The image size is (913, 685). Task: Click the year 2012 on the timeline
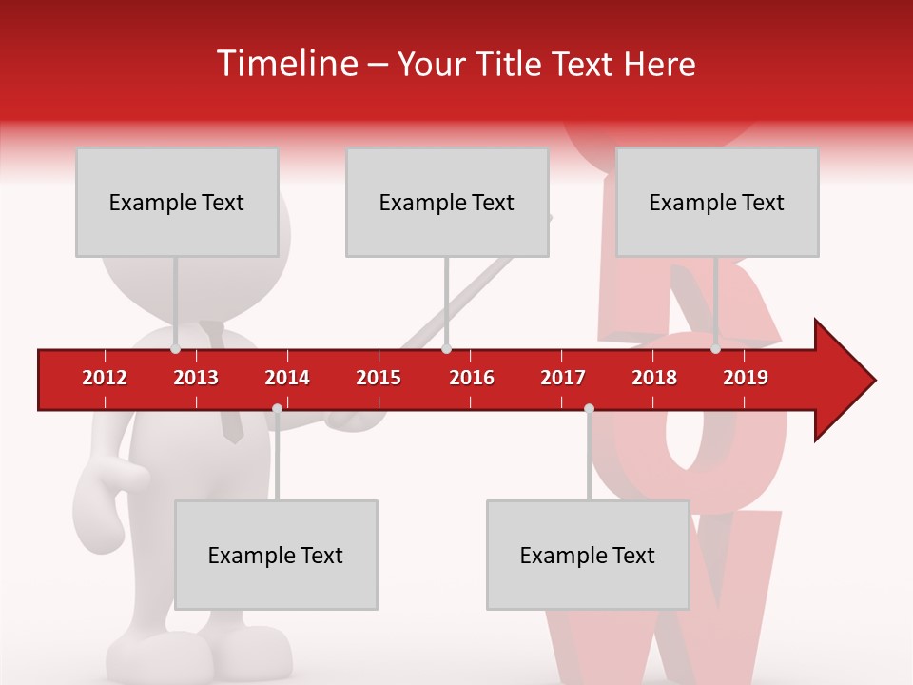[105, 378]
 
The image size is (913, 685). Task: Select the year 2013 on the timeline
[196, 378]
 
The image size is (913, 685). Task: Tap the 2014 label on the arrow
[287, 378]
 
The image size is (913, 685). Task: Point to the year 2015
[379, 378]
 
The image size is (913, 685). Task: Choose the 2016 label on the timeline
[472, 378]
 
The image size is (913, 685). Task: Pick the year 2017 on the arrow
[563, 378]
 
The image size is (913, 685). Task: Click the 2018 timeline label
[654, 378]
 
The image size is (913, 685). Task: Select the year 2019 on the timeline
[746, 378]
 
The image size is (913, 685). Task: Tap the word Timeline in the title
[285, 64]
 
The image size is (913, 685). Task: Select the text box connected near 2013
[177, 202]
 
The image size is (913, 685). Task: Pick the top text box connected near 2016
[447, 202]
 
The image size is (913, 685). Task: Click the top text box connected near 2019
[717, 202]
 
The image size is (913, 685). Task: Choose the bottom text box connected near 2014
[276, 555]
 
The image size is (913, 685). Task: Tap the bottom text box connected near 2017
[588, 555]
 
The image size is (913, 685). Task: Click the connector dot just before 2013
[176, 349]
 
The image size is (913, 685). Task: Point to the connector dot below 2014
[277, 409]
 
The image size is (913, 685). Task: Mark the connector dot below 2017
[589, 409]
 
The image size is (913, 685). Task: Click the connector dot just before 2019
[715, 349]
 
